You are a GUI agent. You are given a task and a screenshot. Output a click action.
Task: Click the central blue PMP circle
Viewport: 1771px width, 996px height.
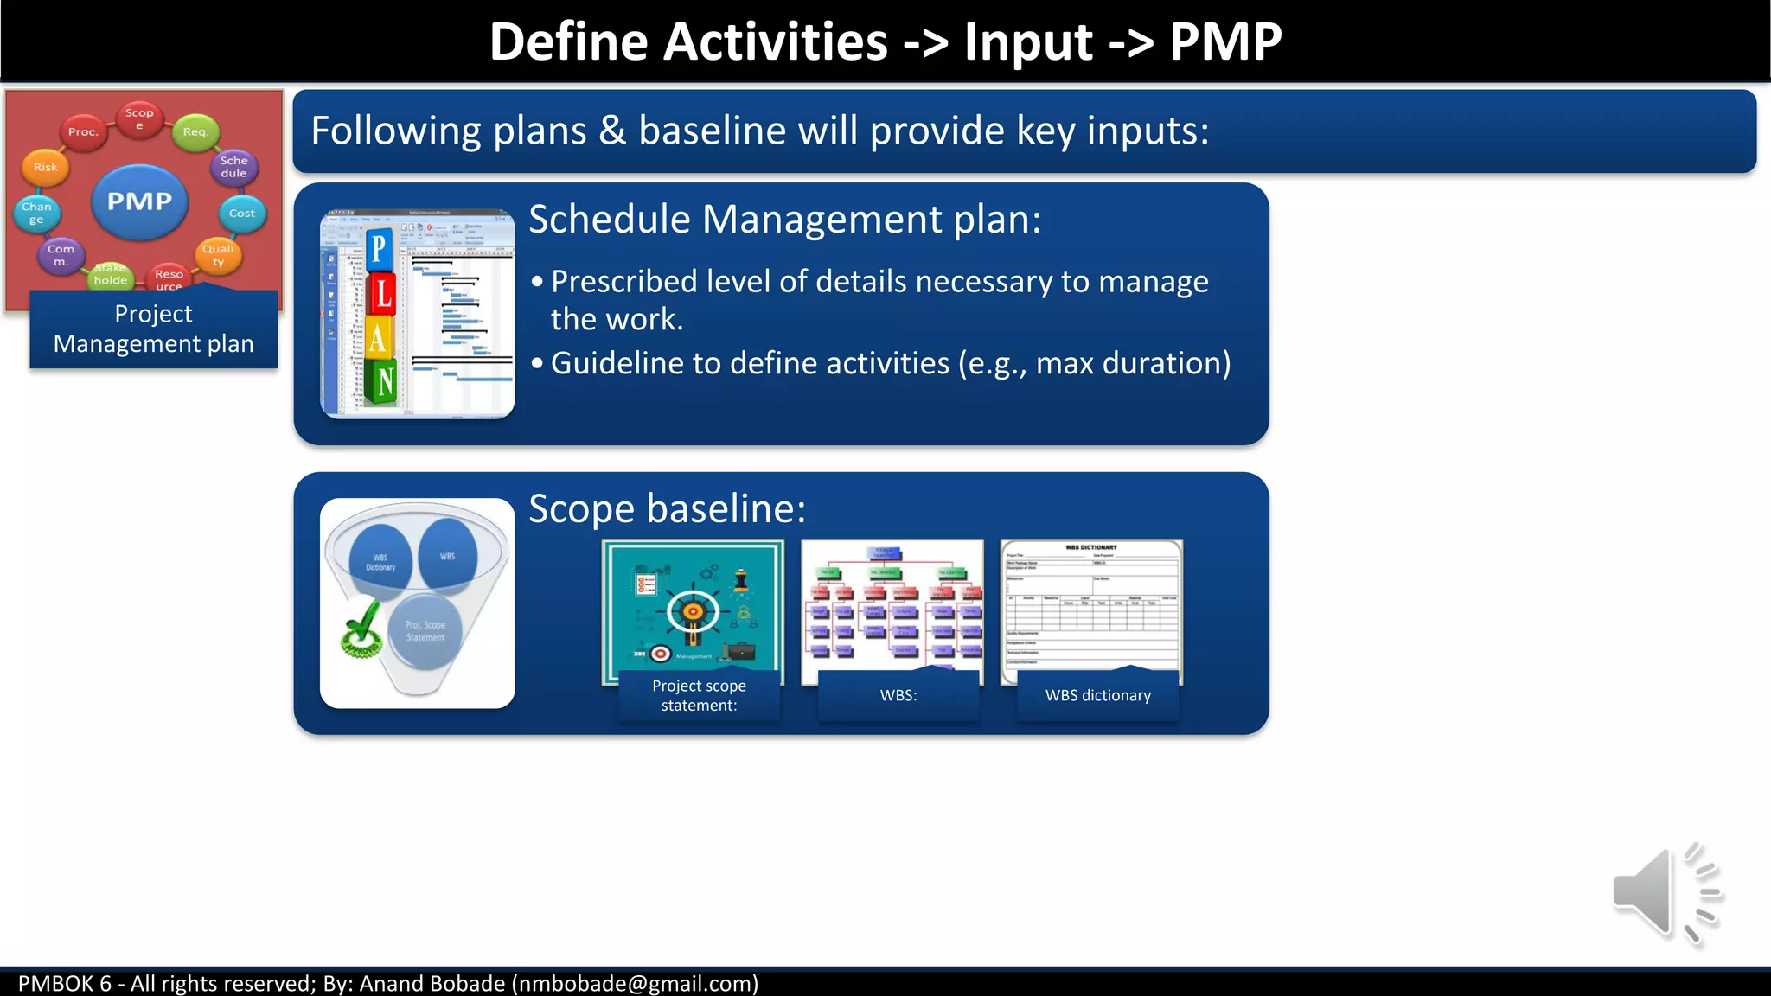tap(139, 201)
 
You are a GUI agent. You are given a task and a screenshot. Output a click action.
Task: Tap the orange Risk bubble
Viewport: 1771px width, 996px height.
tap(46, 167)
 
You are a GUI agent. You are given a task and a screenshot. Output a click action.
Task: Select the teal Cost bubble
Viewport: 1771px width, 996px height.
tap(241, 213)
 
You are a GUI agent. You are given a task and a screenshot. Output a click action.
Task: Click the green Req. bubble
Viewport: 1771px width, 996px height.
tap(195, 132)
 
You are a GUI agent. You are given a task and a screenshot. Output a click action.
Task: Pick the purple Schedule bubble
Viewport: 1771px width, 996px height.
tap(233, 166)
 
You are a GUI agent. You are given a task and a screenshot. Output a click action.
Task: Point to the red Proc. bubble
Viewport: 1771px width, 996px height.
tap(83, 132)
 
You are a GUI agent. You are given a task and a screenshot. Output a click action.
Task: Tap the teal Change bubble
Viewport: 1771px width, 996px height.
tap(36, 213)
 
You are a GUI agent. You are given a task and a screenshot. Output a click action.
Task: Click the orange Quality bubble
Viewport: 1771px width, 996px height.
tap(217, 255)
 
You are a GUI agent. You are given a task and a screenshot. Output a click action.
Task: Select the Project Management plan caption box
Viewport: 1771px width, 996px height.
tap(154, 329)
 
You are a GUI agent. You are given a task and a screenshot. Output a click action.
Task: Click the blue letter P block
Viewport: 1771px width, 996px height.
tap(379, 250)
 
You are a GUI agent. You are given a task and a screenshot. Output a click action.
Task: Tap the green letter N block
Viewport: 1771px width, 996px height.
tap(383, 381)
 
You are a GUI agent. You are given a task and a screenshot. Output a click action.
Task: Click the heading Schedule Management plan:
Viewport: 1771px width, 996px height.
tap(784, 219)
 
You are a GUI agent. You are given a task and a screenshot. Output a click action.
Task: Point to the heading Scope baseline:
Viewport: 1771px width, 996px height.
tap(667, 508)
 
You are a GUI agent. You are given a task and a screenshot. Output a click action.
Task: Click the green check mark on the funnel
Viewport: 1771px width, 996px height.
tap(361, 629)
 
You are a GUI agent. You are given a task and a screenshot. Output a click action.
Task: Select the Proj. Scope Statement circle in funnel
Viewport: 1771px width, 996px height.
tap(425, 631)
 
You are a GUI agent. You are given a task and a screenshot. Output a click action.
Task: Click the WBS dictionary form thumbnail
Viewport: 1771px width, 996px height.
tap(1091, 605)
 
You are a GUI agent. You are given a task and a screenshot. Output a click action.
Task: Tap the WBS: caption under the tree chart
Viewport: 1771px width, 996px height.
tap(898, 695)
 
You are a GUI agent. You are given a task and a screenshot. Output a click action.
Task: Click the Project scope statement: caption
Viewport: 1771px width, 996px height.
tap(699, 695)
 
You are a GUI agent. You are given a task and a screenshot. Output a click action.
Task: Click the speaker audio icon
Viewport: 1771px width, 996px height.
tap(1665, 893)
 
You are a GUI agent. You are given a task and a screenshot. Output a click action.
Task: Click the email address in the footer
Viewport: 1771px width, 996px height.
tap(635, 984)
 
